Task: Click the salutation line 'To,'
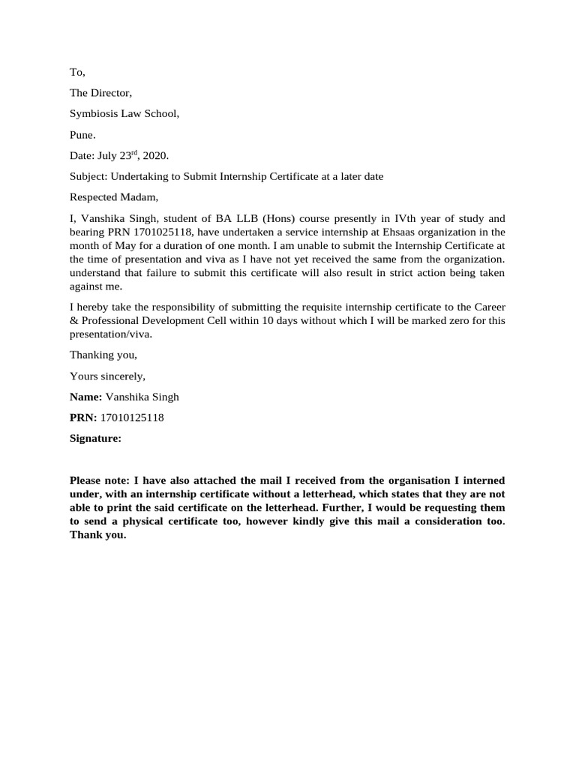pos(77,72)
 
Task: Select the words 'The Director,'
pos(100,93)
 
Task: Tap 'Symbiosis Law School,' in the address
pos(124,114)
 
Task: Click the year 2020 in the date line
pos(156,156)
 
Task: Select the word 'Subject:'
pos(88,177)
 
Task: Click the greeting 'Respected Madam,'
pos(114,198)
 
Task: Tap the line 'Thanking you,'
pos(103,355)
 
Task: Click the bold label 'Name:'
pos(85,397)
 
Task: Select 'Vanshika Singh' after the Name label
pos(142,397)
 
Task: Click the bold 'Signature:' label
pos(95,439)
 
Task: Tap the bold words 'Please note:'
pos(99,480)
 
